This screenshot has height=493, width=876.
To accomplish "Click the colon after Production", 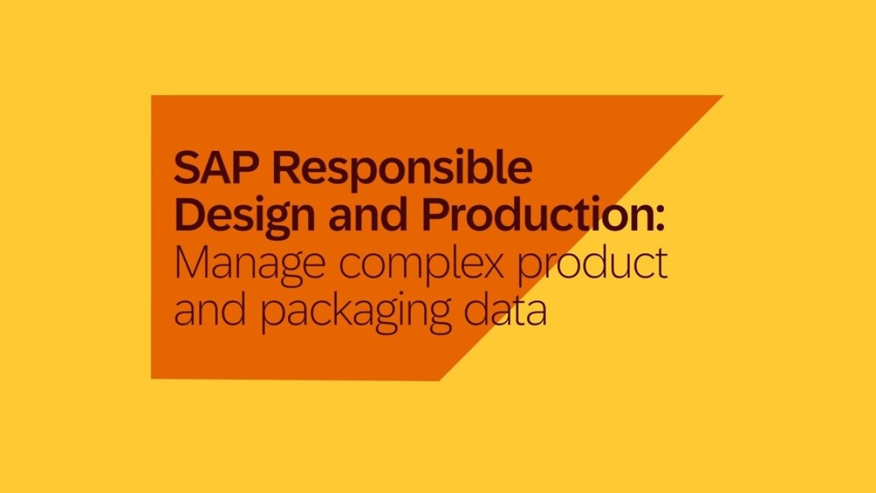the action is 660,220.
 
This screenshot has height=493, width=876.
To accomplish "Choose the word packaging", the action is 355,312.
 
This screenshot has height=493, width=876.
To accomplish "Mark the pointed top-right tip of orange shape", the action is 722,95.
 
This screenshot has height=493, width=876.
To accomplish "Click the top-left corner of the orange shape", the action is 151,95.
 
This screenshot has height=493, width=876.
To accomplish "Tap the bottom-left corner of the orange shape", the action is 151,379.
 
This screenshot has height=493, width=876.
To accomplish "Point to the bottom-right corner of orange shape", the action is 439,380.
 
